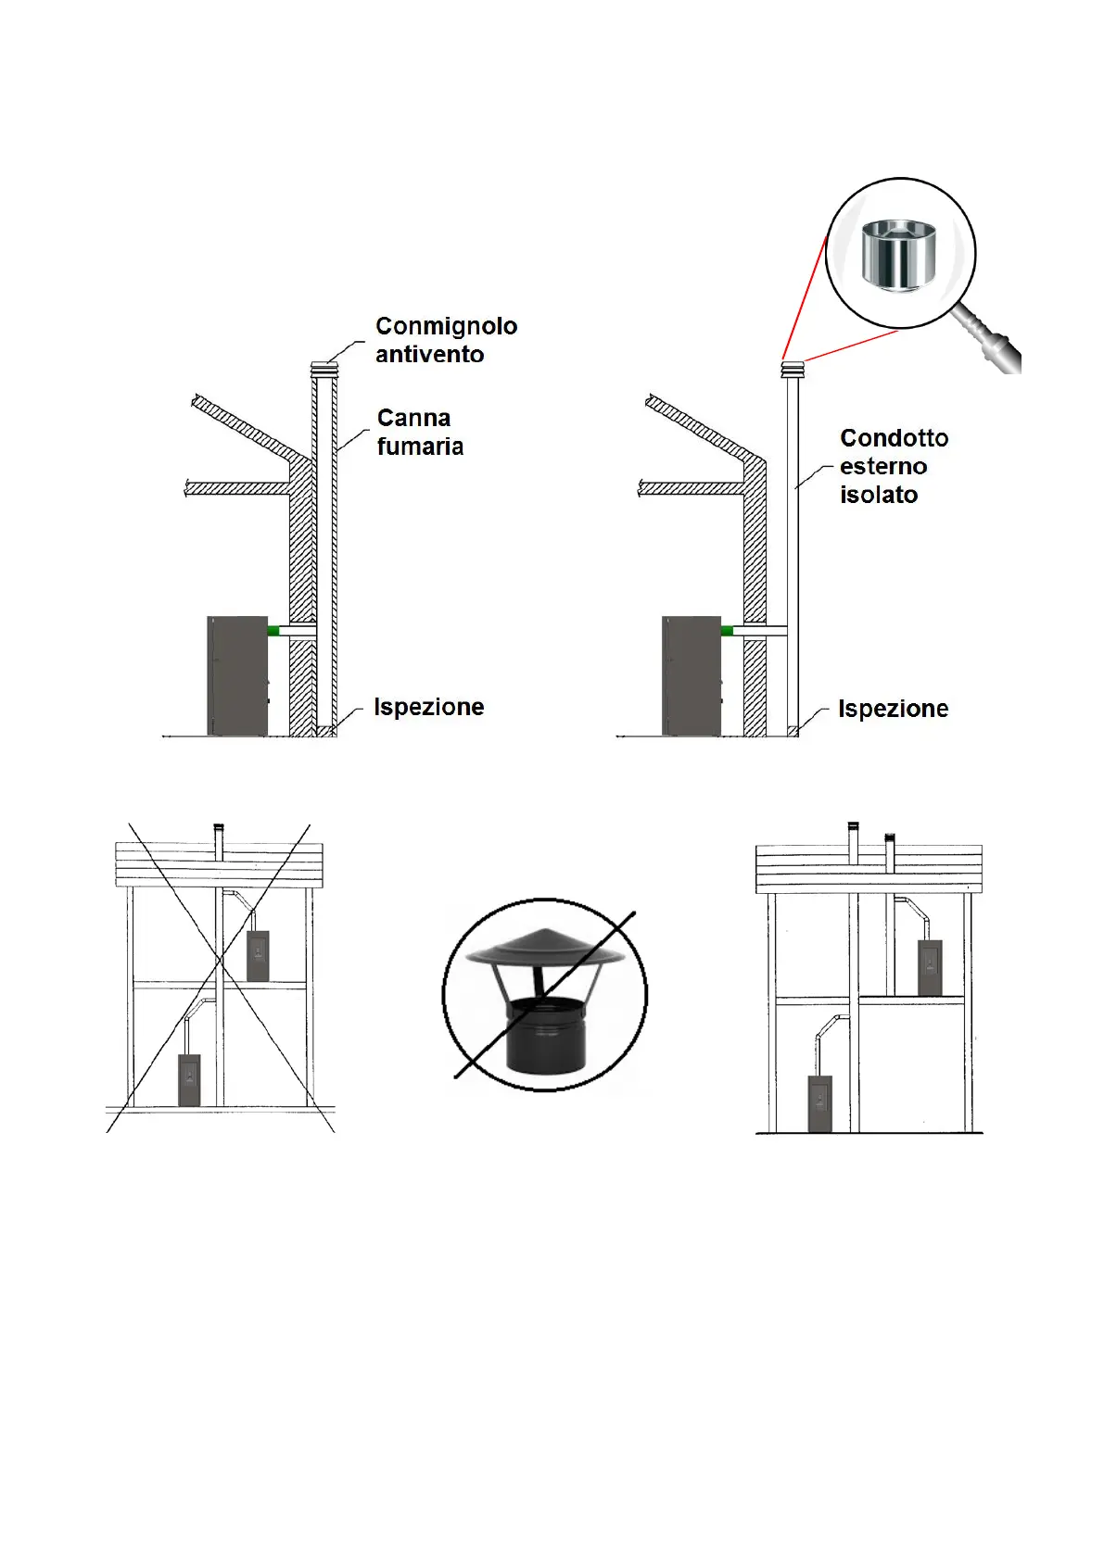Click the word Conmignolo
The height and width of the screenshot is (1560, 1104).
[x=446, y=326]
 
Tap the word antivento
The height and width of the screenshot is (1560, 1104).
[x=429, y=355]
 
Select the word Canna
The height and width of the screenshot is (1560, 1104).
[x=413, y=418]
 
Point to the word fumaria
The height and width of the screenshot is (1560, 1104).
[x=420, y=447]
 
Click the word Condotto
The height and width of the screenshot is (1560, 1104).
[x=894, y=438]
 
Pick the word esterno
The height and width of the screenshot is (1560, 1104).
[x=882, y=467]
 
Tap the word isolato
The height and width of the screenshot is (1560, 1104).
[x=878, y=496]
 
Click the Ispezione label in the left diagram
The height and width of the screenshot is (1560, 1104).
[x=428, y=708]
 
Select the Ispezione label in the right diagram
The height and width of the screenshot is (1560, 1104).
[x=893, y=710]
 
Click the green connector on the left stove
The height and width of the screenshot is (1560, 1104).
[x=273, y=631]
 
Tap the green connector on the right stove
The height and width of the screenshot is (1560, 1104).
[x=727, y=631]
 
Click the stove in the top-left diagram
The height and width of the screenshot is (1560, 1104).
[x=237, y=676]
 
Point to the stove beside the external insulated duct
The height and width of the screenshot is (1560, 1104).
[x=692, y=676]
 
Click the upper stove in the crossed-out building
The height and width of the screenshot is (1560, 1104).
[x=259, y=956]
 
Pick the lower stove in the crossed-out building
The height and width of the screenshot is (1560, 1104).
[x=189, y=1079]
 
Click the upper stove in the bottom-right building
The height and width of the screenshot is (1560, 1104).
[x=930, y=967]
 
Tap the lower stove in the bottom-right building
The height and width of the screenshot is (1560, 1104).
[x=820, y=1103]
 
